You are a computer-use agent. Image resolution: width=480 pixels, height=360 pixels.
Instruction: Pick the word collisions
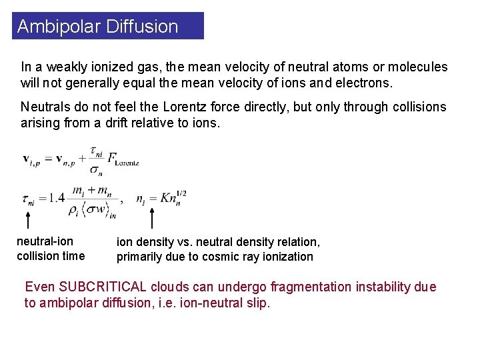pyautogui.click(x=417, y=107)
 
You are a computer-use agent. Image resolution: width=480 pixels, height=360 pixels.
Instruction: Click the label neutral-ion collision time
pyautogui.click(x=51, y=249)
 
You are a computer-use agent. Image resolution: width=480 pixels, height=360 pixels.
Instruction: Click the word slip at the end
pyautogui.click(x=258, y=303)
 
